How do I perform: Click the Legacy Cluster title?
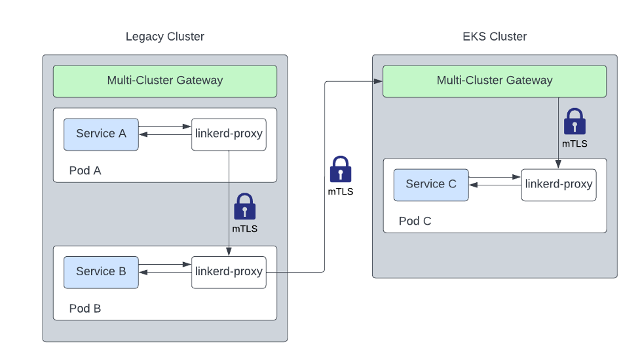(x=165, y=37)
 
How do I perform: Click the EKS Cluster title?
(x=495, y=37)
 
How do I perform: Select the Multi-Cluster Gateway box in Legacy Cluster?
(x=165, y=81)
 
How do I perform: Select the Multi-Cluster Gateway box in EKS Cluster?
(x=495, y=81)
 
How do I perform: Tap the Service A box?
(x=101, y=134)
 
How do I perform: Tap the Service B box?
(x=101, y=272)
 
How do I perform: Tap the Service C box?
(x=431, y=185)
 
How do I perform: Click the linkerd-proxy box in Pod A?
(x=229, y=134)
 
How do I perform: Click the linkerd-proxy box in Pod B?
(x=229, y=272)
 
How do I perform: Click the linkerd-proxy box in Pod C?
(x=559, y=185)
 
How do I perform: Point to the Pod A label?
(x=85, y=171)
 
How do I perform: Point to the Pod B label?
(x=85, y=309)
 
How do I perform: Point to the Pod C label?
(x=415, y=221)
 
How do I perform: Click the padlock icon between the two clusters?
(x=341, y=170)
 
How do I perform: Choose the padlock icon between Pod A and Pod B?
(x=245, y=206)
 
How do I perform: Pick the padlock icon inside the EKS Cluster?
(x=574, y=122)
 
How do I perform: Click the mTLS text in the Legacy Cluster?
(x=245, y=229)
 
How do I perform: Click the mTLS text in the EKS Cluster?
(x=574, y=143)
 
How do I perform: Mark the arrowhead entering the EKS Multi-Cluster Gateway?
(x=379, y=81)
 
